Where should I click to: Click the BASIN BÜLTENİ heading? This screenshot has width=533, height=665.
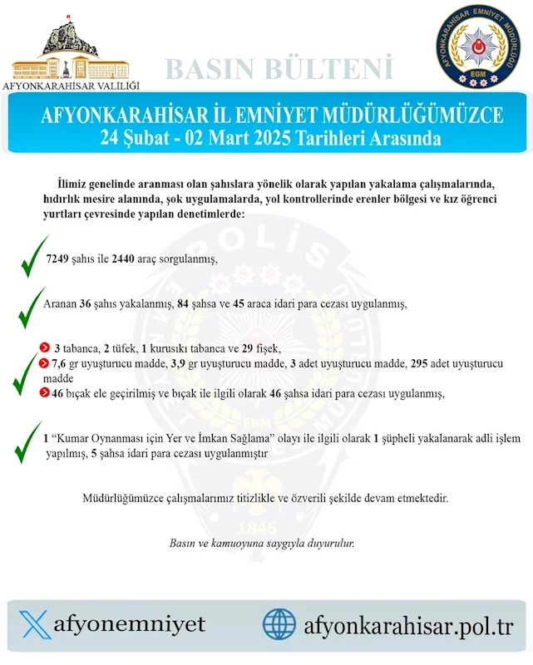point(279,67)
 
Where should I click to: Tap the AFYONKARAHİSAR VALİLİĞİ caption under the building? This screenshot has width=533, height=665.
point(72,86)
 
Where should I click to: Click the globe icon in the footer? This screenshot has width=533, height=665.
point(279,623)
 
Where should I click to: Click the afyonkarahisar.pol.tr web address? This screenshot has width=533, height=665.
point(409,623)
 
